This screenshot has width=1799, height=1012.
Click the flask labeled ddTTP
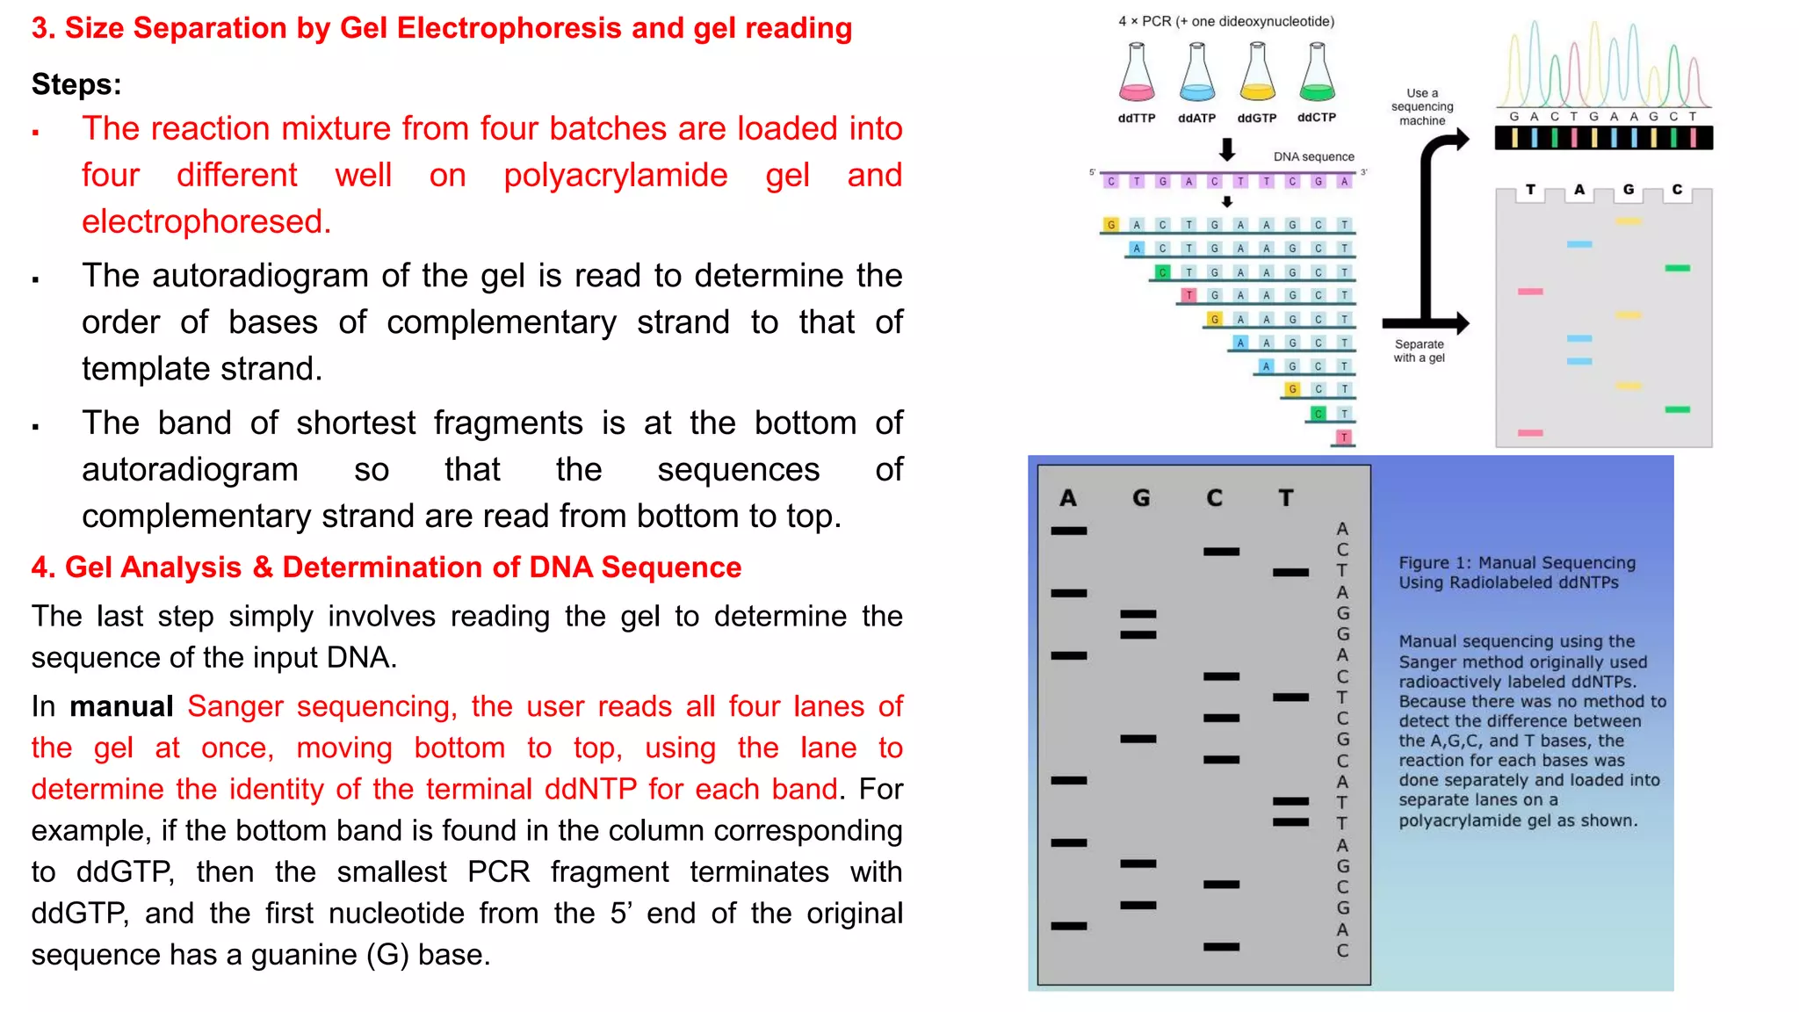point(1137,74)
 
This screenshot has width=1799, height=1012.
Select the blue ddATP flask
point(1196,74)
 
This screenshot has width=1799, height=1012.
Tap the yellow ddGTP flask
point(1257,74)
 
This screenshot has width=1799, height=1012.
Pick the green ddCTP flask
point(1317,74)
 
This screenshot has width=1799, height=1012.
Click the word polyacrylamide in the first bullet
point(615,176)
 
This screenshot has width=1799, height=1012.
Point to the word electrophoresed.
point(206,222)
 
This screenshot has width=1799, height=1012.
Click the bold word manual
point(121,707)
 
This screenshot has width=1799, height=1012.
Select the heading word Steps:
point(76,84)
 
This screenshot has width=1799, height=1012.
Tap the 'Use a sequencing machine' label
point(1422,106)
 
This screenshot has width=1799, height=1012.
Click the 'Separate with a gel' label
point(1419,351)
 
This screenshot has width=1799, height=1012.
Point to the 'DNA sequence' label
point(1313,156)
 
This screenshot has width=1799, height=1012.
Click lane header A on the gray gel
point(1068,498)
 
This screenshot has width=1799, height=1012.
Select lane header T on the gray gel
point(1286,498)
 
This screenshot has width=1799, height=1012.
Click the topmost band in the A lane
point(1069,531)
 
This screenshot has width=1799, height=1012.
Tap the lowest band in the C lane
point(1221,947)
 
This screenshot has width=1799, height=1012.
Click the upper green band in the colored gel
point(1677,268)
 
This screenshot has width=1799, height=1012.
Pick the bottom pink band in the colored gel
point(1530,433)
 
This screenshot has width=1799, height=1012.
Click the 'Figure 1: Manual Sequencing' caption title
point(1517,572)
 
